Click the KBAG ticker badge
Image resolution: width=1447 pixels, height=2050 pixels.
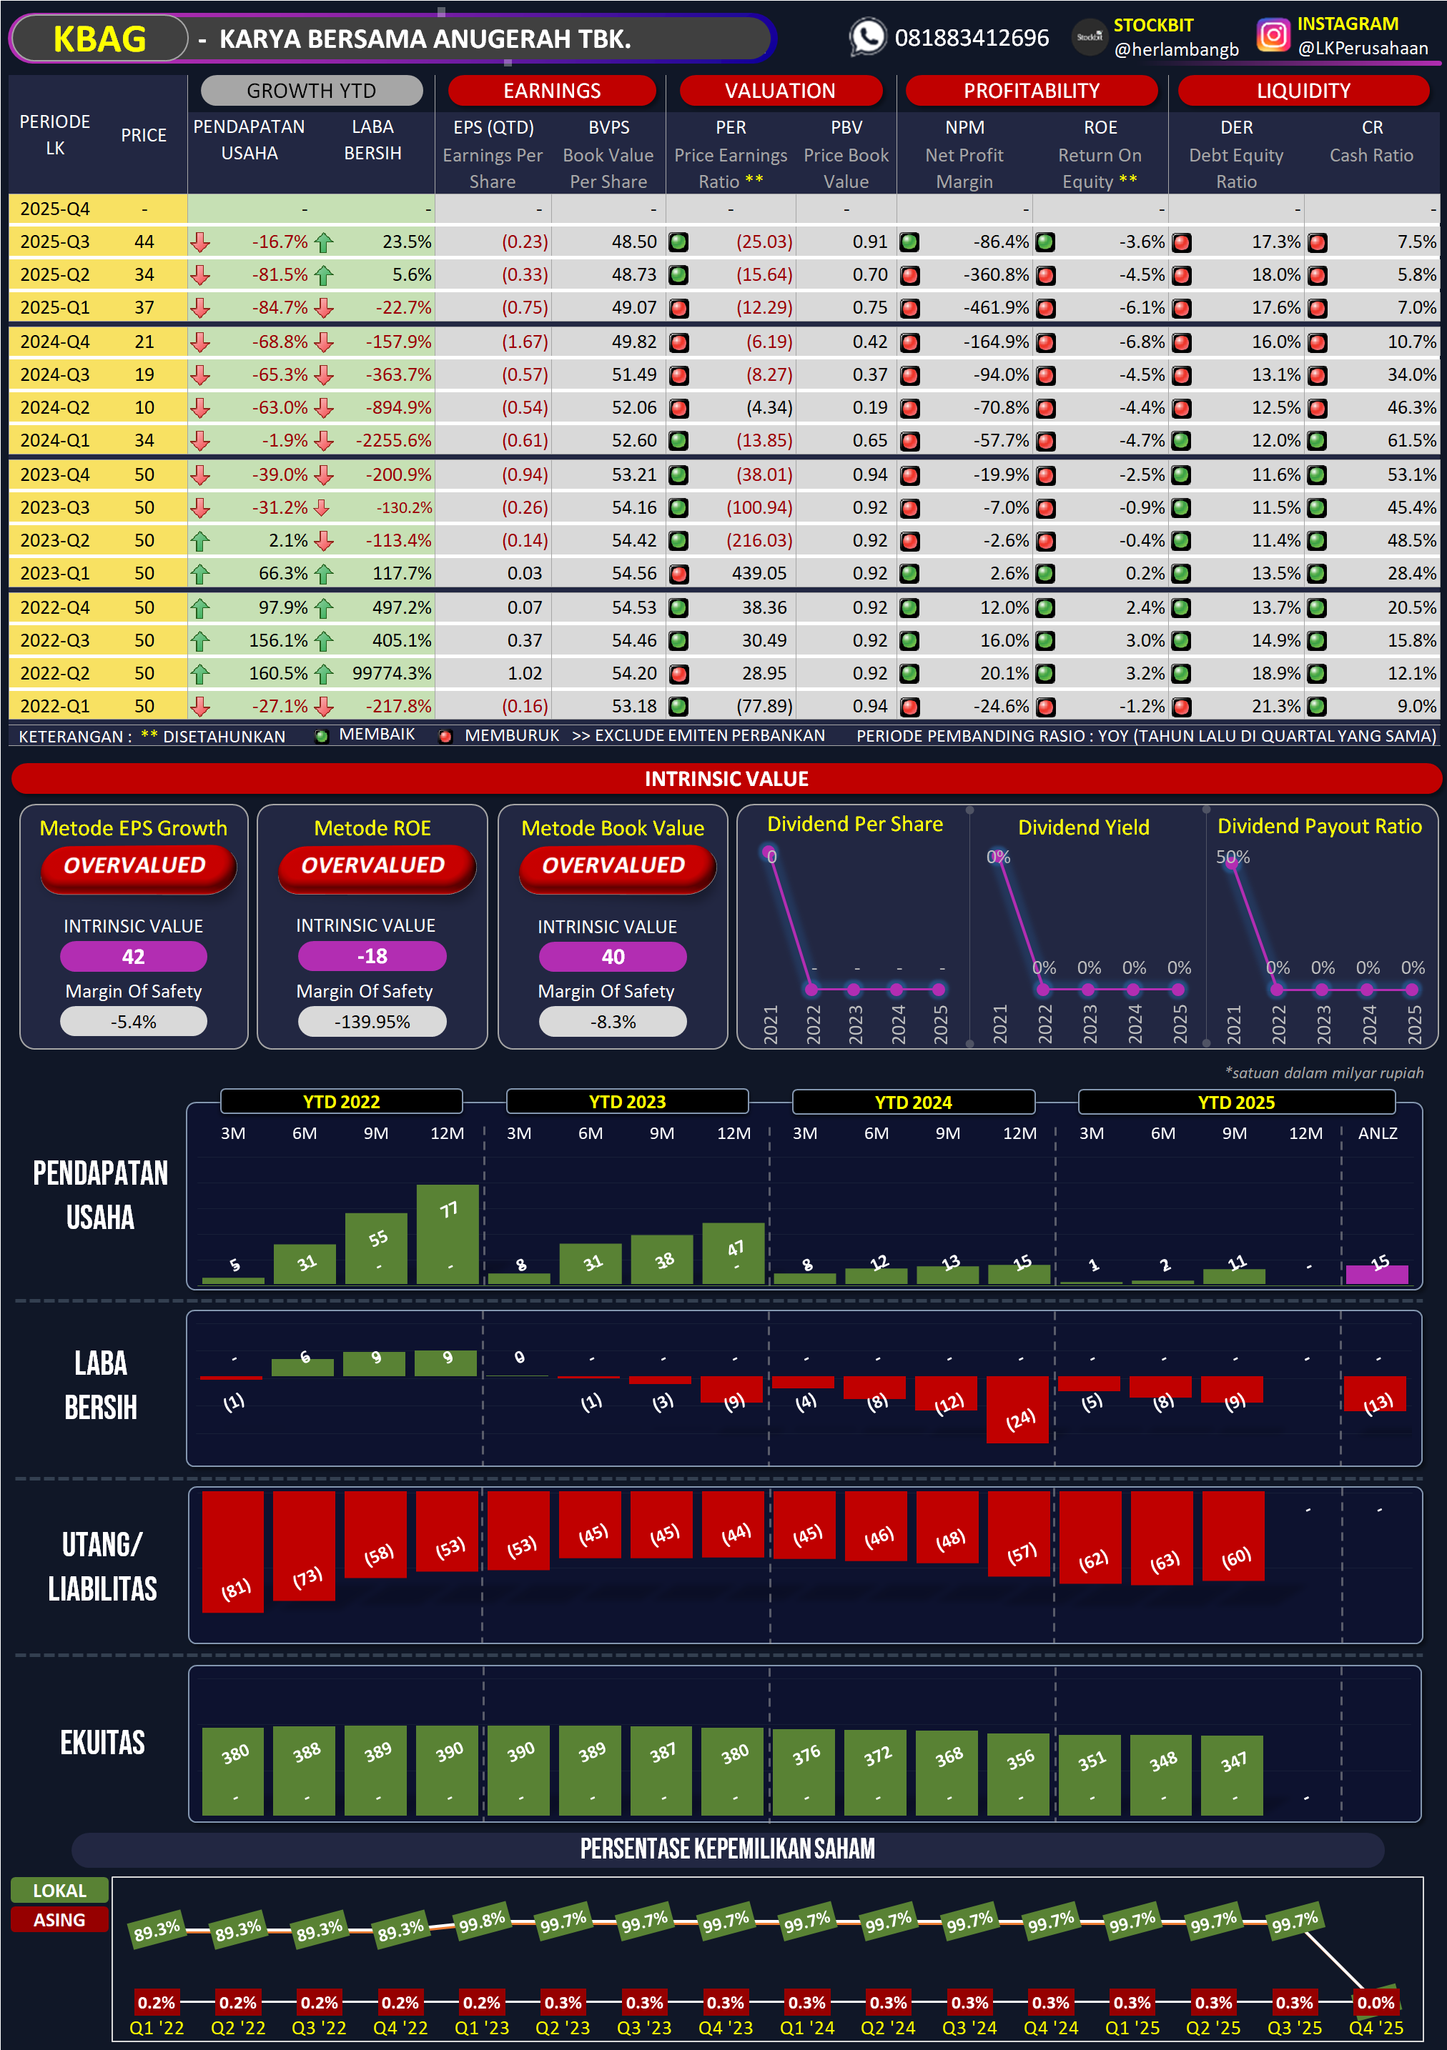point(99,39)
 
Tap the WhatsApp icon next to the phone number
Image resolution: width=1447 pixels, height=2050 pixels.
point(866,37)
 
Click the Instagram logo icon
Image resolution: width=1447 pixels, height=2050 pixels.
point(1273,36)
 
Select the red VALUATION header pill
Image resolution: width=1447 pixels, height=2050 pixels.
point(780,90)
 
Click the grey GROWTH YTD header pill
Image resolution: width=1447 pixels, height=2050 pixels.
point(311,90)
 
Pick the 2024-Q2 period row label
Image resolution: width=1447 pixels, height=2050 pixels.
point(54,408)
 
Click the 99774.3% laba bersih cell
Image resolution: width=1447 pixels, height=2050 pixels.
point(391,673)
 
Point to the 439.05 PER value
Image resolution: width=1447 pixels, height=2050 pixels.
point(759,573)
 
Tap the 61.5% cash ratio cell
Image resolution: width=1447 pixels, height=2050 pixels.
point(1411,441)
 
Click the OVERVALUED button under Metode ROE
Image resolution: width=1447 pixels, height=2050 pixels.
point(372,865)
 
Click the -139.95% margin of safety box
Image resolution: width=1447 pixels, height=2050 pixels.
point(372,1022)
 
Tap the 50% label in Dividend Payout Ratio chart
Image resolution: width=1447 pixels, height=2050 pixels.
point(1233,857)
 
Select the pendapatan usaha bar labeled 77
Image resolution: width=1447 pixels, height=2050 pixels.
point(448,1234)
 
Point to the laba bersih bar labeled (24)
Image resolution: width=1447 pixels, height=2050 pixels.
point(1017,1409)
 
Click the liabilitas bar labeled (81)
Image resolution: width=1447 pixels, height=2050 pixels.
point(233,1552)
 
